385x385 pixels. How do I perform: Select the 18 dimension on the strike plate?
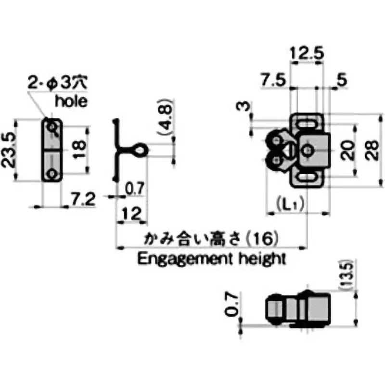point(80,150)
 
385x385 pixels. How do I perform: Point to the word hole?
point(71,101)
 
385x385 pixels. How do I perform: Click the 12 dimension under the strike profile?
point(131,212)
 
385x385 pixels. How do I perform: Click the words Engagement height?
point(212,258)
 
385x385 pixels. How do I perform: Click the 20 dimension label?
point(350,150)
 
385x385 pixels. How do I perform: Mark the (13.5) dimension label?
point(349,276)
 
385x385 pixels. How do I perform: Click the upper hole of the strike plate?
point(52,127)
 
